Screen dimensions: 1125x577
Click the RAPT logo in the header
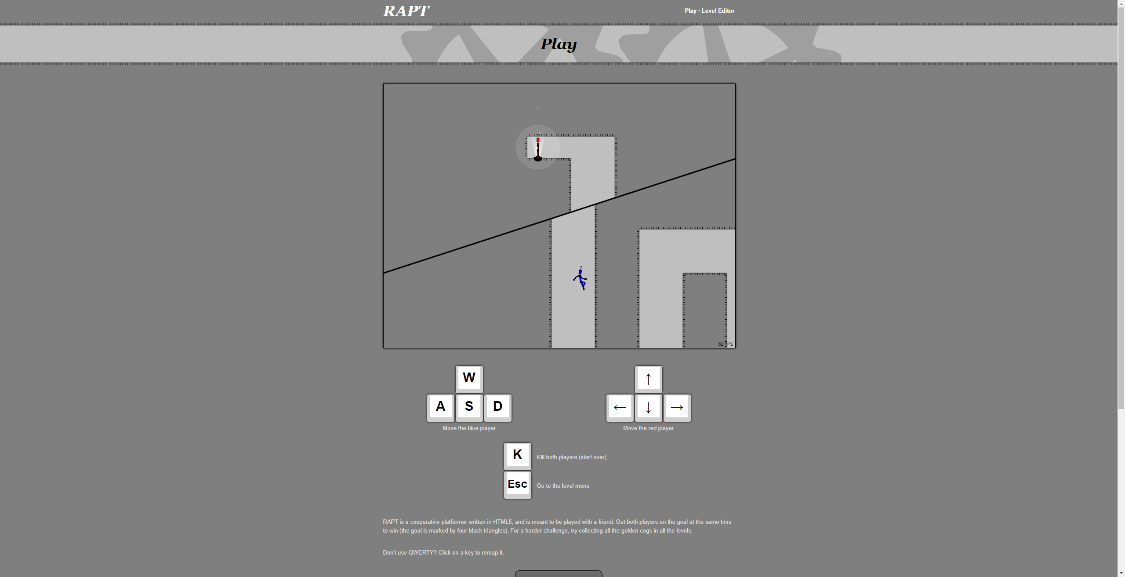(406, 11)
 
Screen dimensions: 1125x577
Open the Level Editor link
(718, 11)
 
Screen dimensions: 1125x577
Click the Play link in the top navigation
(690, 11)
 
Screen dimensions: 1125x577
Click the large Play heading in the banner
(559, 44)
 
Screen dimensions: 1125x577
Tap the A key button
(440, 407)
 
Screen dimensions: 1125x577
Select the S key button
(469, 407)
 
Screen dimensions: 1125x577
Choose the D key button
(497, 407)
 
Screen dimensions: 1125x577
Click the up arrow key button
(648, 379)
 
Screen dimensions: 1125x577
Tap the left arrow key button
(620, 407)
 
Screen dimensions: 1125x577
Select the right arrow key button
(677, 407)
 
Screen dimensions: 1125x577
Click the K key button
(517, 456)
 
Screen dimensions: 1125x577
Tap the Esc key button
(517, 485)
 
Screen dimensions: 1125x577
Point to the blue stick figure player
(580, 279)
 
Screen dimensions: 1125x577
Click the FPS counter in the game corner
(726, 344)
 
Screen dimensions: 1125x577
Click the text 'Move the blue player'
(469, 428)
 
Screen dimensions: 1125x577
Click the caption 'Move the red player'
(648, 428)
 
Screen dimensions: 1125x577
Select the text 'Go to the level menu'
(563, 486)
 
